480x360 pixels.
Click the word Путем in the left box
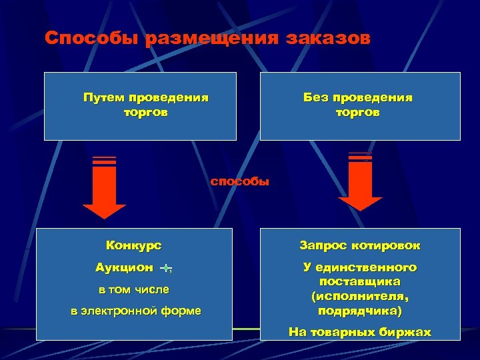pos(104,97)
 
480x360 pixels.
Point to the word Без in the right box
pos(315,97)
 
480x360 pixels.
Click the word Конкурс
pos(134,245)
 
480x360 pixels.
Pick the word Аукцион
pos(125,267)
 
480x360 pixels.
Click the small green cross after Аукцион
pos(165,268)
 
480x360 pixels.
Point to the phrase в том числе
pos(134,289)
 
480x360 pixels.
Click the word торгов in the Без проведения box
pos(358,113)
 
